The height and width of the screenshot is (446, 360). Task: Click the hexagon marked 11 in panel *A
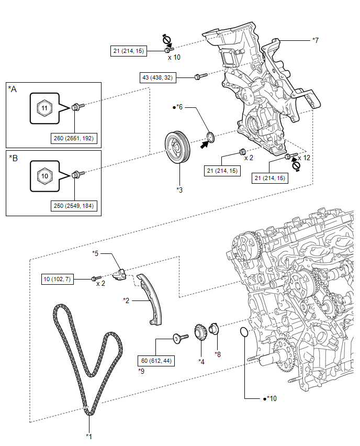pos(44,108)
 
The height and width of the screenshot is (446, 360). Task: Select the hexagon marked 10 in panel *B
pos(44,176)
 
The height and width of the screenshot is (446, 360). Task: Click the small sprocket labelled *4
pos(200,332)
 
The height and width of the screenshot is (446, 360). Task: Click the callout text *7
pos(316,40)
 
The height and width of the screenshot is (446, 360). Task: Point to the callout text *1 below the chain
pos(89,437)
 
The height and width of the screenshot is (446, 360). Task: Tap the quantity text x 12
pos(304,158)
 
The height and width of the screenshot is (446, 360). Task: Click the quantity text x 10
pos(174,58)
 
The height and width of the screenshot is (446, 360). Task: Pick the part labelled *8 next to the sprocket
pos(213,329)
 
